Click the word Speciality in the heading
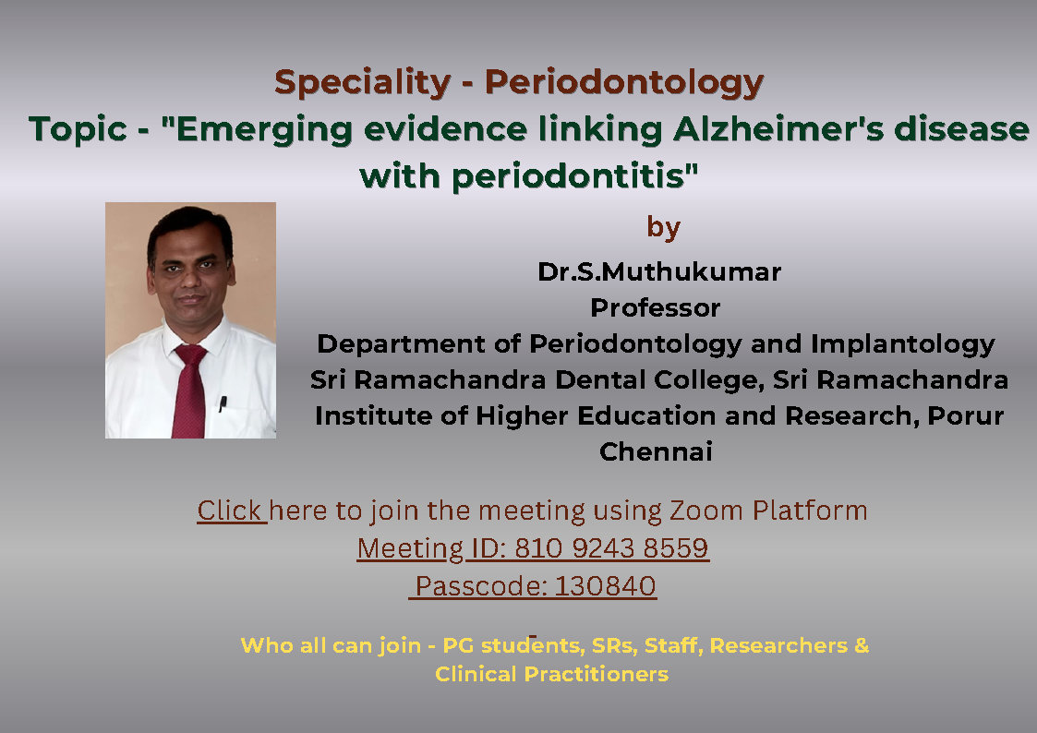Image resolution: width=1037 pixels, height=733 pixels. point(362,83)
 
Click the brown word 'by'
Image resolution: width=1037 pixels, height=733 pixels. point(663,228)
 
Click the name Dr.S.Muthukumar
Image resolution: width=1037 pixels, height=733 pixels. point(659,271)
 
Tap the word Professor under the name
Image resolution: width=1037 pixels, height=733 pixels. point(656,308)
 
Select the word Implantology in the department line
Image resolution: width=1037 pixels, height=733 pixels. point(903,345)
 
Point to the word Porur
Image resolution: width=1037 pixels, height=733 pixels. point(966,415)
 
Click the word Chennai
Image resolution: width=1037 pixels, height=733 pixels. point(656,452)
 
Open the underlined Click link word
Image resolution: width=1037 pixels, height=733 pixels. point(230,511)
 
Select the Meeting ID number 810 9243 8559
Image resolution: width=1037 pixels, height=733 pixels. point(611,548)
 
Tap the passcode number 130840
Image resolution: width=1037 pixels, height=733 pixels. point(605,586)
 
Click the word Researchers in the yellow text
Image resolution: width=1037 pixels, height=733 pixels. point(778,645)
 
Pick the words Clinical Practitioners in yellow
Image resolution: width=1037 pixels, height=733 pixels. point(551,674)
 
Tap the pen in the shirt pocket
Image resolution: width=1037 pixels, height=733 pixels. point(223,403)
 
